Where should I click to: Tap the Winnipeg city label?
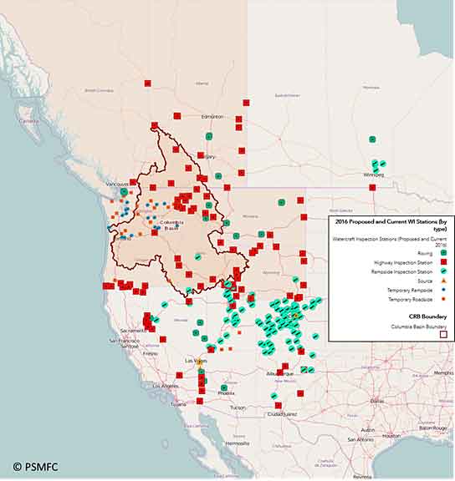coord(373,175)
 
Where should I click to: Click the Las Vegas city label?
coord(194,361)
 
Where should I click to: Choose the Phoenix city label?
coord(227,392)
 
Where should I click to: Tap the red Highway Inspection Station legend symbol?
coord(444,262)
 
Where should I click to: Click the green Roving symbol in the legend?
coord(444,252)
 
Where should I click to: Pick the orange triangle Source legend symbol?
coord(444,281)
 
